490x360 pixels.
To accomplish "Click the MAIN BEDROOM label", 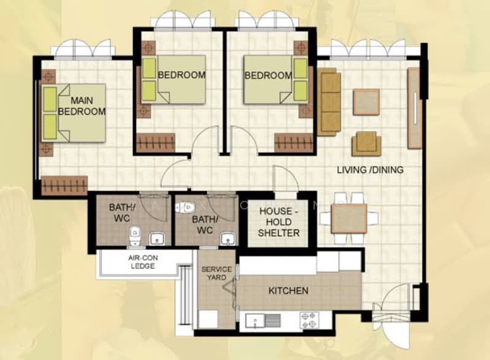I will [81, 105].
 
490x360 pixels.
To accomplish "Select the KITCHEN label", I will [288, 290].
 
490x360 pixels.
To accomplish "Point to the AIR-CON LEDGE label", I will [143, 262].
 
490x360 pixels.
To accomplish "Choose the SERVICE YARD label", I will [216, 273].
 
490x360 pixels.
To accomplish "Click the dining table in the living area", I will [349, 219].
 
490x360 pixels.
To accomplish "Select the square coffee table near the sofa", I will [366, 102].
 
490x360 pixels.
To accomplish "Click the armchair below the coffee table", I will [366, 143].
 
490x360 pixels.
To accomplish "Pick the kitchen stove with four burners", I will [309, 320].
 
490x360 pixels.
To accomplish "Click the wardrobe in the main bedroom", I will [64, 185].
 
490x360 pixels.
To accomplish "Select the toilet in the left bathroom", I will [135, 233].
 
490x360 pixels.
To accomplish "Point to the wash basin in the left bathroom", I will [157, 238].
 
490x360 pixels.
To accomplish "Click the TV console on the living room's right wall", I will [414, 108].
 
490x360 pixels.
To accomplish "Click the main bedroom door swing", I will [175, 174].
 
